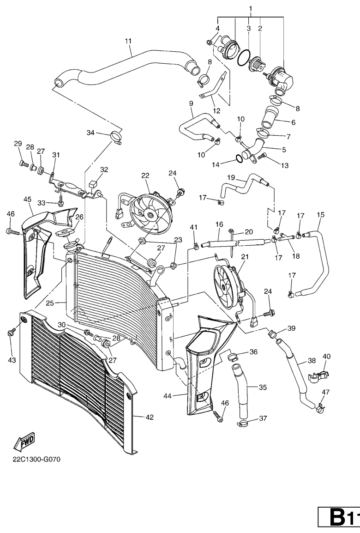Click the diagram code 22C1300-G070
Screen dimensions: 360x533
(36, 459)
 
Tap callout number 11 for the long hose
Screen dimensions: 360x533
(128, 41)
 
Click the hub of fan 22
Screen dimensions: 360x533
(150, 214)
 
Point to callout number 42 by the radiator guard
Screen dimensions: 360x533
(150, 417)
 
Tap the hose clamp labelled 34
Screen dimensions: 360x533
(116, 137)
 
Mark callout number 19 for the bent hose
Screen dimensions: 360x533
(231, 177)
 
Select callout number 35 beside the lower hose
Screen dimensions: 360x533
(263, 387)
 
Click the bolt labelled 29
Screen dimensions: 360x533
(23, 164)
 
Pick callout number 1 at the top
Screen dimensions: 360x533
(251, 8)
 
